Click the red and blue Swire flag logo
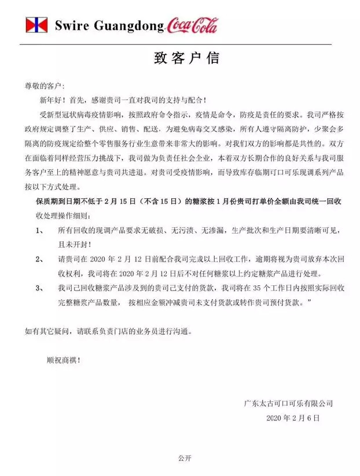pos(36,25)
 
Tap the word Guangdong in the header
pos(128,26)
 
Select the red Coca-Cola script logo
pos(192,25)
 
